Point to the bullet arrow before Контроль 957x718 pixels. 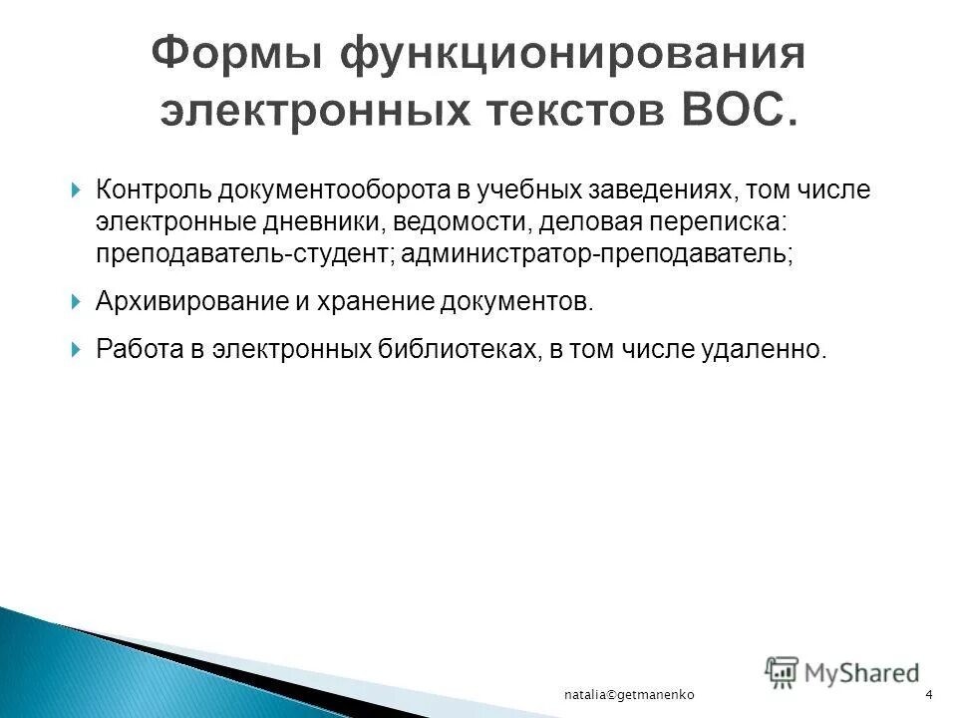tap(77, 189)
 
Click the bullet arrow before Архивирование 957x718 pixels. tap(77, 300)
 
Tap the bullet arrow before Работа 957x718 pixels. tap(77, 349)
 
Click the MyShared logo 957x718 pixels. tap(842, 672)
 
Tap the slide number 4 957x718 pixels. tap(928, 694)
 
